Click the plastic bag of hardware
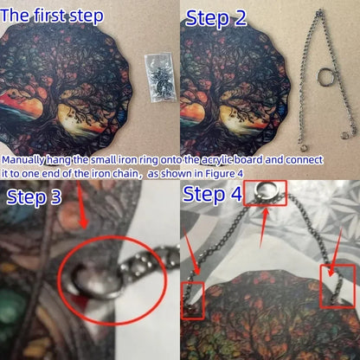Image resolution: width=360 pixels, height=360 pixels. click(160, 77)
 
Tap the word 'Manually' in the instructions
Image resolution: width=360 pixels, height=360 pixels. click(23, 160)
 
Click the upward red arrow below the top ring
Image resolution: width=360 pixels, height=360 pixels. click(265, 228)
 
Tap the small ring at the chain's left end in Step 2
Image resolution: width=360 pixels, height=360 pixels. click(303, 148)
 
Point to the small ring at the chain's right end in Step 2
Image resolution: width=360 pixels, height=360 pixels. click(344, 135)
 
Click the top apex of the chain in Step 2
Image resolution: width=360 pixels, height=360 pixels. click(319, 12)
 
